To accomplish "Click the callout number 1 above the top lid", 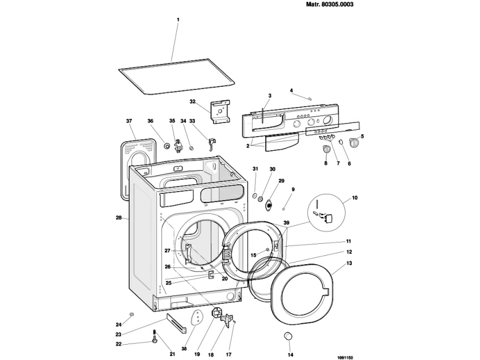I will pyautogui.click(x=177, y=20).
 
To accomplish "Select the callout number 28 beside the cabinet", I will pyautogui.click(x=118, y=218).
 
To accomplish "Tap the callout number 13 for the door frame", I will pyautogui.click(x=349, y=263).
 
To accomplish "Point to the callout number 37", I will pyautogui.click(x=129, y=121).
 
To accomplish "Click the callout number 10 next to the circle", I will pyautogui.click(x=355, y=198).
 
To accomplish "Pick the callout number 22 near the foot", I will pyautogui.click(x=118, y=344).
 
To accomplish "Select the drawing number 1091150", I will pyautogui.click(x=345, y=357).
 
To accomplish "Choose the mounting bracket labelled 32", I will pyautogui.click(x=220, y=111).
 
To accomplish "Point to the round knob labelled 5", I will pyautogui.click(x=354, y=142).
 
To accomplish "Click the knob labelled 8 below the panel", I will pyautogui.click(x=326, y=149).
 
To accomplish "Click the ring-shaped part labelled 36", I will pyautogui.click(x=167, y=146).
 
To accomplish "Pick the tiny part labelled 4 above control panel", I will pyautogui.click(x=310, y=98).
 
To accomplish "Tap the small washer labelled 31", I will pyautogui.click(x=255, y=197).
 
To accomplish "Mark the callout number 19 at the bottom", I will pyautogui.click(x=197, y=354).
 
